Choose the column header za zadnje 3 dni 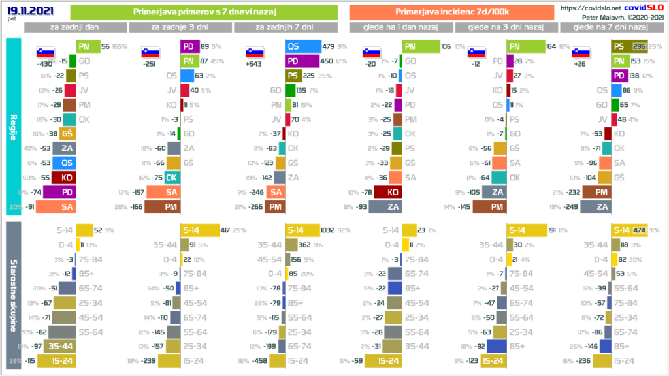coord(180,27)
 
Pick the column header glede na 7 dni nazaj coord(610,27)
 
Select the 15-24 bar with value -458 coord(277,360)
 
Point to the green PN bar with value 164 coord(527,46)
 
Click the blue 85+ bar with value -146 coord(604,346)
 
